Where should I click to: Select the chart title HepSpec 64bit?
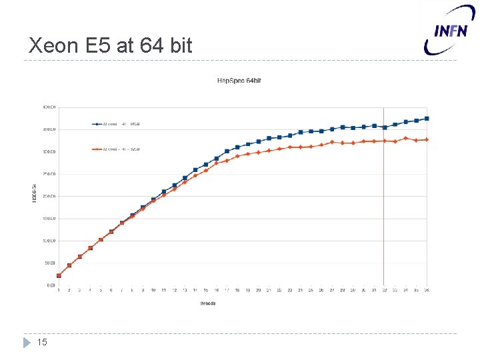pos(239,81)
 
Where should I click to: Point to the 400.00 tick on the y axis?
pos(49,107)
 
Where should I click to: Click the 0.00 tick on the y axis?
pos(51,285)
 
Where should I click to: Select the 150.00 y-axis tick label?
pos(49,218)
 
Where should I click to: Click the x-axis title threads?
pos(207,303)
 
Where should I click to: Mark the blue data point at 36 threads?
pos(427,119)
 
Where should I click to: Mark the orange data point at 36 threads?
pos(427,139)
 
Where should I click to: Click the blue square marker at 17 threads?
pos(227,151)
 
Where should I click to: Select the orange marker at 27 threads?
pos(332,142)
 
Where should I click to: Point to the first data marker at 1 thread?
pos(59,275)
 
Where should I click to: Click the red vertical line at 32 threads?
pos(384,200)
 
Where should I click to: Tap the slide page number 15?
pos(43,343)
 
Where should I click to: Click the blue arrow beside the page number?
pos(27,343)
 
